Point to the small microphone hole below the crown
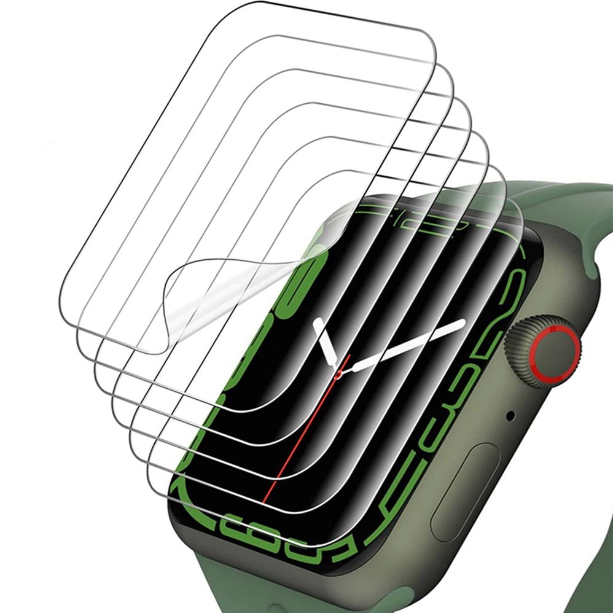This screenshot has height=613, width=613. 510,416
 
